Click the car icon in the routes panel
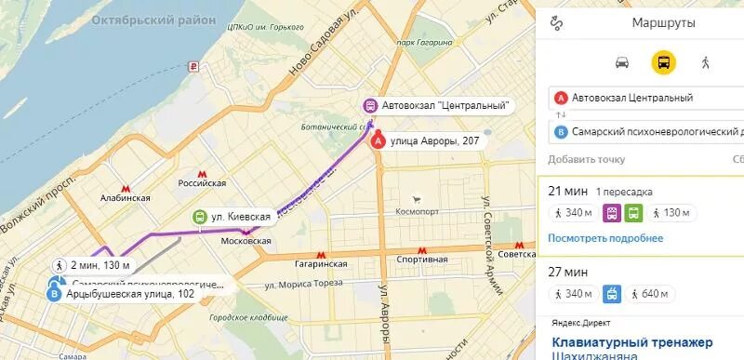pos(622,62)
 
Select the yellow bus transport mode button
pos(663,62)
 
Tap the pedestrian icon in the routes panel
pos(705,62)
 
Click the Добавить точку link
pos(587,159)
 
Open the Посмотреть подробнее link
pos(605,238)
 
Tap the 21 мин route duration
pos(567,191)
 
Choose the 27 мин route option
pos(567,273)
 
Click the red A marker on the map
pos(379,141)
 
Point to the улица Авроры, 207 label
pos(435,141)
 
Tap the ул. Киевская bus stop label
pos(240,217)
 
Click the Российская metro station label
pos(203,183)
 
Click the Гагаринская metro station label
pos(322,263)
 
